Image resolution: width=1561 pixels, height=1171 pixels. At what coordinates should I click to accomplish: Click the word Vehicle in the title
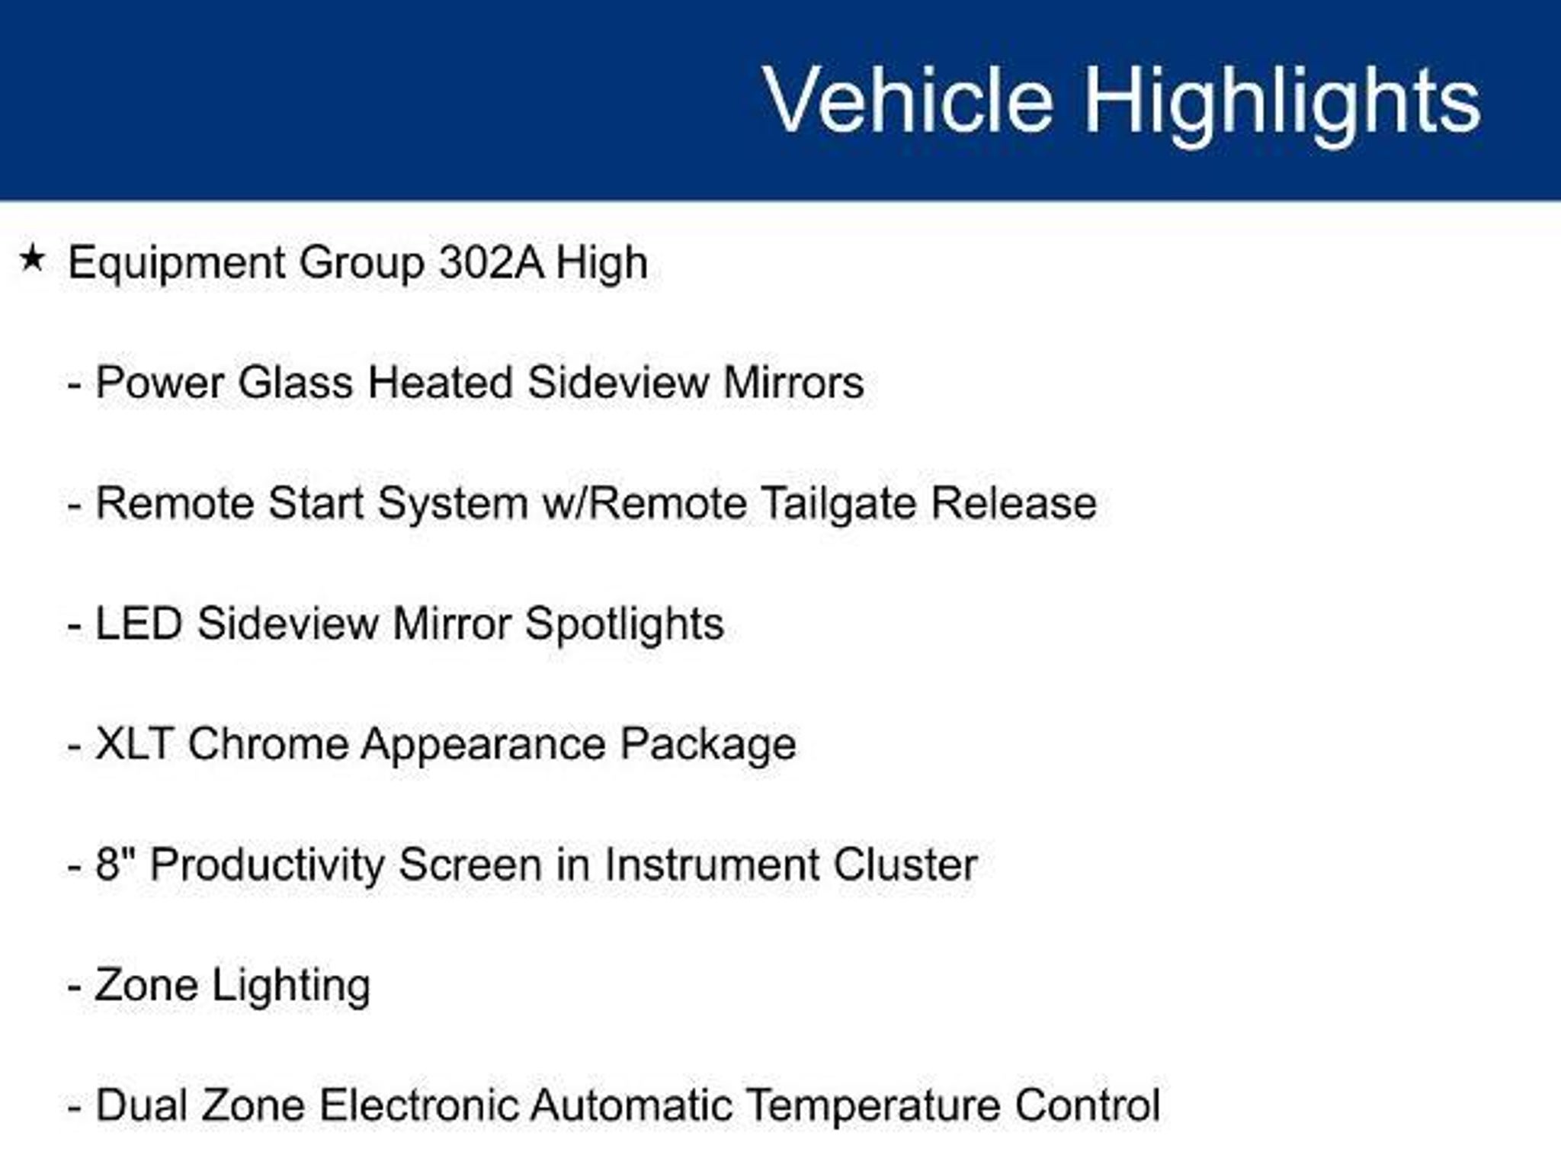(x=909, y=100)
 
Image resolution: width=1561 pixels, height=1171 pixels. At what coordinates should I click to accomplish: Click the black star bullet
(x=32, y=258)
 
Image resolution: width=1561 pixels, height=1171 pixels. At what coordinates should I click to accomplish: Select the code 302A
(x=492, y=263)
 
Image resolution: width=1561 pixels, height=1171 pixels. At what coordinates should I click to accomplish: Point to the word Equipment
(x=176, y=265)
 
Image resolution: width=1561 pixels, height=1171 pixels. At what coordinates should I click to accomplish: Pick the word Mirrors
(x=793, y=382)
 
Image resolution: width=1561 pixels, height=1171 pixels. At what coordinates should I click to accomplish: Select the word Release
(x=1014, y=503)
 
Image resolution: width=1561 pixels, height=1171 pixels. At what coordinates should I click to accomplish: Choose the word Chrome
(x=268, y=743)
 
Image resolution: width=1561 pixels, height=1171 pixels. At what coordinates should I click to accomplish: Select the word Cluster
(x=905, y=865)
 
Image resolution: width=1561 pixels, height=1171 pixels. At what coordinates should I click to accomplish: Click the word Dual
(x=142, y=1105)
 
